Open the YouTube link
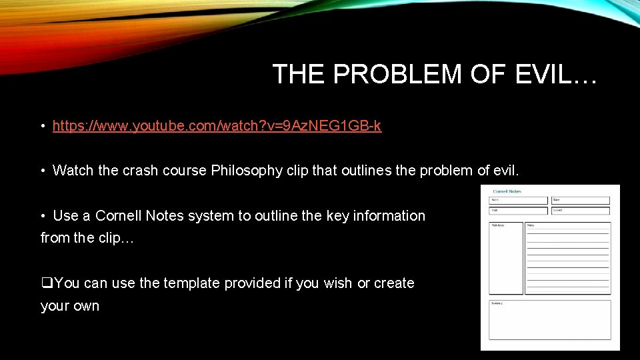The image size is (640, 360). [217, 125]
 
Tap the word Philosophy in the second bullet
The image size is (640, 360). [247, 171]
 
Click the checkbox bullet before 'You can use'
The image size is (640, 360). [47, 283]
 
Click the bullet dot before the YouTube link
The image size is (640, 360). [43, 126]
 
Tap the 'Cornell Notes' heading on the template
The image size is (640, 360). [507, 191]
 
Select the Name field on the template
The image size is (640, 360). [518, 200]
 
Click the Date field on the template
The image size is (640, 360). [580, 200]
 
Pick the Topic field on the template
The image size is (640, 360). [518, 211]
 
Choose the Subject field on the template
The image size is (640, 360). [580, 211]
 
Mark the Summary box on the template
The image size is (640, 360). [550, 320]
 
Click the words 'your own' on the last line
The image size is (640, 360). [70, 306]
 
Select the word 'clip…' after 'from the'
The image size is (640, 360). [117, 238]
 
